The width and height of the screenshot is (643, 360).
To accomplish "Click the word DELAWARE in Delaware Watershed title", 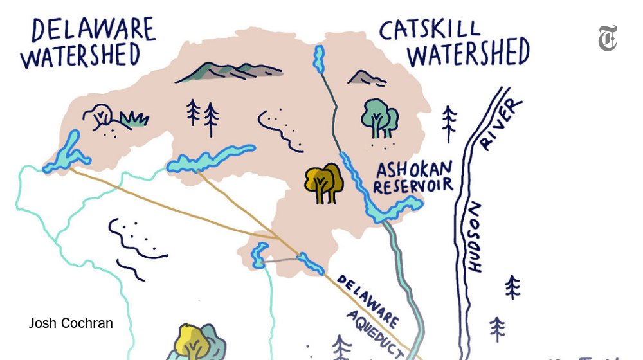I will (93, 29).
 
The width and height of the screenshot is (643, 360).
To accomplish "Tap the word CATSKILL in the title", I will (430, 29).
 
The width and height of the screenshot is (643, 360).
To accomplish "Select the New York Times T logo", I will (608, 39).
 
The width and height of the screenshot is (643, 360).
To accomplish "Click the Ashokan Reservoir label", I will (415, 177).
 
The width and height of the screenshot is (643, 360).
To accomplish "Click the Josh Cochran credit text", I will (71, 323).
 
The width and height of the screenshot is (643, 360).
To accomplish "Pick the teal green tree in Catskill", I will (379, 116).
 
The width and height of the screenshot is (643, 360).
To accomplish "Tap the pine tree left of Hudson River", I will (449, 122).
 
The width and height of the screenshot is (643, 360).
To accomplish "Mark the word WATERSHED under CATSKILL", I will (468, 53).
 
